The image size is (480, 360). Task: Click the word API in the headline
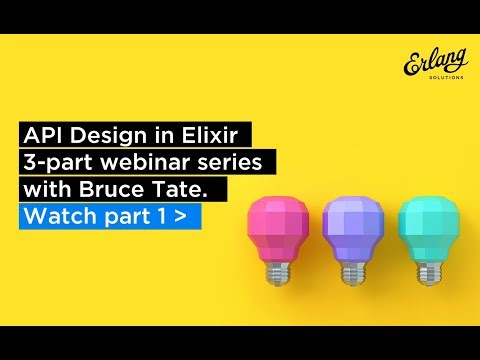tap(43, 134)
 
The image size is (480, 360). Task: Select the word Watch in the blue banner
tap(55, 215)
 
